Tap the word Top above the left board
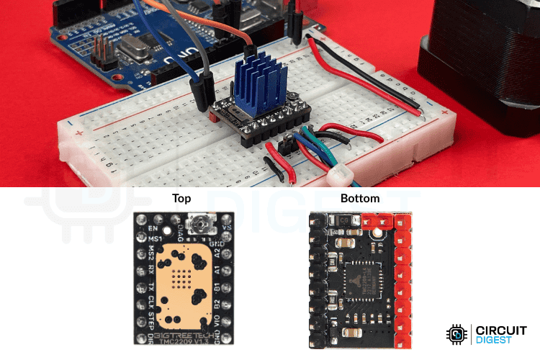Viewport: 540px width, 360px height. coord(181,199)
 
